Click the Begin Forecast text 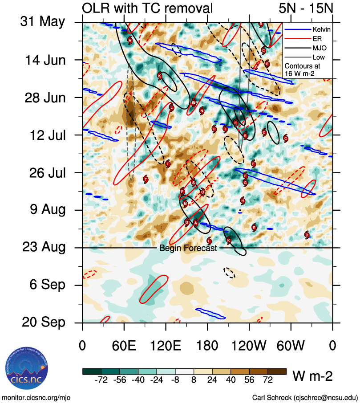(188, 248)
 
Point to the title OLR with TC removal (147, 8)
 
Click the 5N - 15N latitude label (305, 8)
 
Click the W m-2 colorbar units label (312, 376)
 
